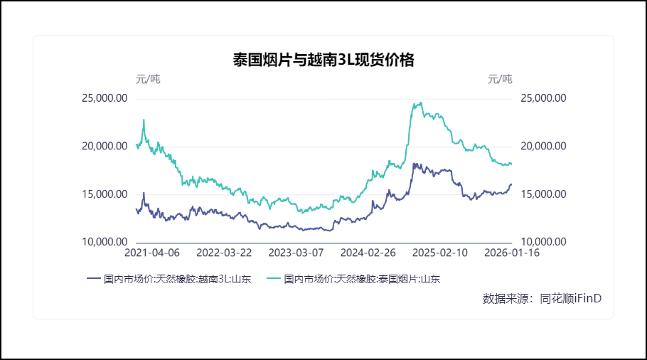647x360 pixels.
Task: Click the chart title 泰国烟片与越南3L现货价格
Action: point(323,60)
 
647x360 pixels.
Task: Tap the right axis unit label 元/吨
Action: point(499,79)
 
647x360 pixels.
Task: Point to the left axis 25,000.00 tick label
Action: point(105,98)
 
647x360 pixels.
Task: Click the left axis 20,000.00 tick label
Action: point(105,146)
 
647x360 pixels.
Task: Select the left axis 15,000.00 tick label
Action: point(105,194)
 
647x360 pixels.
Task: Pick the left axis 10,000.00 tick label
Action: point(105,242)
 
